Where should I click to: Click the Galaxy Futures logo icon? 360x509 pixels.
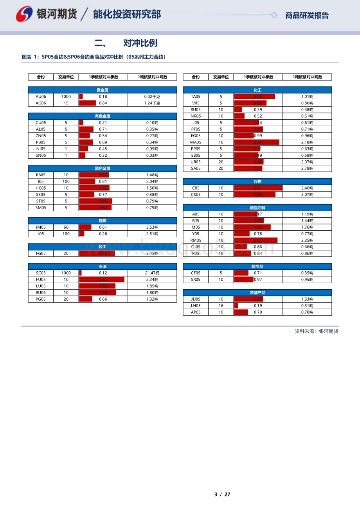24,14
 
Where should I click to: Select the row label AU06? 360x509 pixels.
41,97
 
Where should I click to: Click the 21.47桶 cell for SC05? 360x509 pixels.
152,273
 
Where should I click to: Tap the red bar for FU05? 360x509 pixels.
102,280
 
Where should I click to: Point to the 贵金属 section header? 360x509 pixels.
102,90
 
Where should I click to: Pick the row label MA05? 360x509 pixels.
196,142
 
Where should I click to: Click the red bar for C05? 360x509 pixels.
258,188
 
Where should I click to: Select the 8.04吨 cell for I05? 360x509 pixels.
152,181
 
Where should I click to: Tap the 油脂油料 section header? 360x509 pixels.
257,208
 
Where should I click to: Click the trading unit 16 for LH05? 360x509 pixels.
221,306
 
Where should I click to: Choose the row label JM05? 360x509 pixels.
41,227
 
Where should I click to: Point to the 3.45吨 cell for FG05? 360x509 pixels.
152,253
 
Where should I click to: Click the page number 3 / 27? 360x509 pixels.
222,494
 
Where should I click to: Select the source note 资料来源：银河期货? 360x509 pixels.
316,331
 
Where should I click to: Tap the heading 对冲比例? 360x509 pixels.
140,43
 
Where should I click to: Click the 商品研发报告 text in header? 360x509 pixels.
307,16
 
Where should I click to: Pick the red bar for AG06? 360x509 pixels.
87,103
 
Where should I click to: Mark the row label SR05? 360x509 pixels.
196,280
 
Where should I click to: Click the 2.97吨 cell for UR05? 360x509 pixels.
307,162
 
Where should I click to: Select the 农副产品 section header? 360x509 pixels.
257,292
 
